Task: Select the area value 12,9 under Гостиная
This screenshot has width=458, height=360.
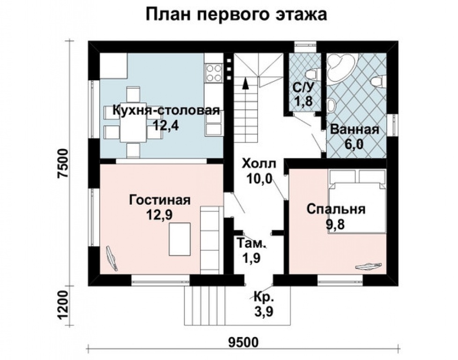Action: (x=160, y=215)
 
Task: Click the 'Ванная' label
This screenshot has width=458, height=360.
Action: (x=354, y=130)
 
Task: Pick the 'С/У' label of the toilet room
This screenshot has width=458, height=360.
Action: (x=303, y=87)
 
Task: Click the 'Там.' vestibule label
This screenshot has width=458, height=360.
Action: (x=252, y=244)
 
